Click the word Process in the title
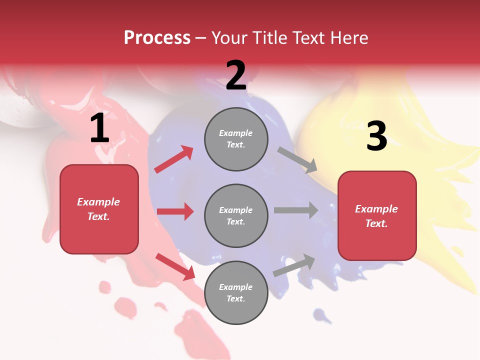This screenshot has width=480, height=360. [157, 37]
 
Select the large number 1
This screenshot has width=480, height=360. [99, 129]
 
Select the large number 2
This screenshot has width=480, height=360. [236, 76]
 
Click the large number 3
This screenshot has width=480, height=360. [376, 136]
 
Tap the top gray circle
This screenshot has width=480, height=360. [236, 139]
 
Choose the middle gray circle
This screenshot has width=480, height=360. [236, 216]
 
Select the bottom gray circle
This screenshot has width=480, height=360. [236, 293]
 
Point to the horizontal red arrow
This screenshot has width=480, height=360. [175, 211]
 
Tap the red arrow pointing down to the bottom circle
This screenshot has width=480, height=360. [175, 266]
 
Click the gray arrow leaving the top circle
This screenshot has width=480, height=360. [297, 160]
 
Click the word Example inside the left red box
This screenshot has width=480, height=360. [98, 202]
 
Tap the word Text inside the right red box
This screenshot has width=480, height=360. [376, 223]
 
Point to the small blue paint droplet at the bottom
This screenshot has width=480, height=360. [320, 315]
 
